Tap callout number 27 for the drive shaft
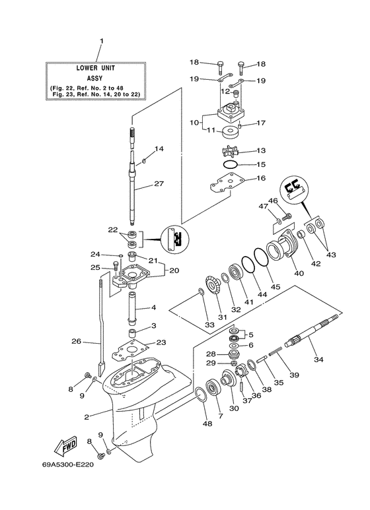coord(159,184)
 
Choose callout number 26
coord(77,341)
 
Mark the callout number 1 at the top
coord(102,42)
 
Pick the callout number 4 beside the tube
coord(153,308)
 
